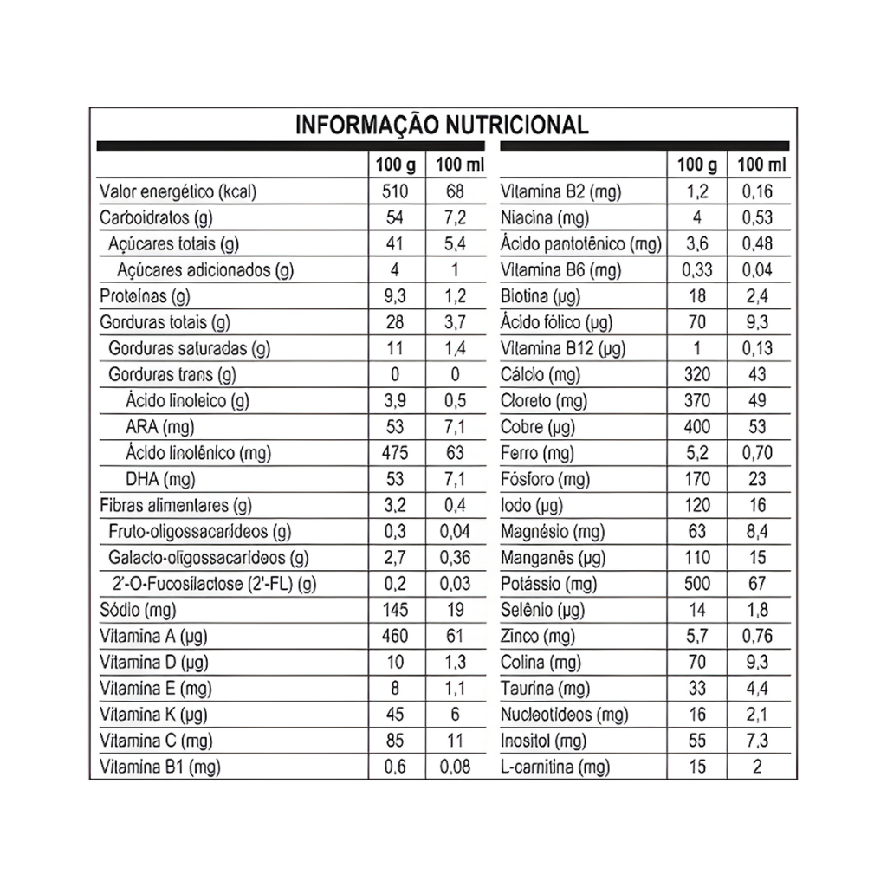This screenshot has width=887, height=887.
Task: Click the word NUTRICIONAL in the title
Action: click(x=516, y=125)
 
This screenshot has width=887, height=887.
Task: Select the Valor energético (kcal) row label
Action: click(x=178, y=192)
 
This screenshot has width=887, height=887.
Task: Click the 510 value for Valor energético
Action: click(x=395, y=192)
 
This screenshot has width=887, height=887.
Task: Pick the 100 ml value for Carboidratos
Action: click(x=456, y=218)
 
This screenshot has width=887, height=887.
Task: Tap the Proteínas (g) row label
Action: click(x=145, y=297)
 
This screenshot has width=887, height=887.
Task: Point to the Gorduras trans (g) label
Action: click(x=173, y=375)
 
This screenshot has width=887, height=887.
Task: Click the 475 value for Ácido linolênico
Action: click(x=395, y=453)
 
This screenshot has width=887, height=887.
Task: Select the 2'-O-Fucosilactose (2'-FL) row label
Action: click(x=214, y=585)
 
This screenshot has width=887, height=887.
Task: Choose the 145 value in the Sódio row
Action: click(x=395, y=611)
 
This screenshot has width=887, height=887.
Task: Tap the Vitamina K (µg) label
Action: click(x=153, y=715)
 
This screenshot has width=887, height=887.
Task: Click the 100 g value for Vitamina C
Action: click(x=395, y=741)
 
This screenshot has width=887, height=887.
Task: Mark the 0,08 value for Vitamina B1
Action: click(x=456, y=767)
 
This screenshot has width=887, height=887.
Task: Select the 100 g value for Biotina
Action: click(x=696, y=297)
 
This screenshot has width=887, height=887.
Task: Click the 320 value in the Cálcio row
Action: click(x=696, y=375)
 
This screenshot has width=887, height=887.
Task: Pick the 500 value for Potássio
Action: click(x=696, y=585)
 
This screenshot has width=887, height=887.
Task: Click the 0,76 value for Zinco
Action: click(x=758, y=637)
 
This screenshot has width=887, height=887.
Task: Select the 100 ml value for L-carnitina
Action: click(x=758, y=767)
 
